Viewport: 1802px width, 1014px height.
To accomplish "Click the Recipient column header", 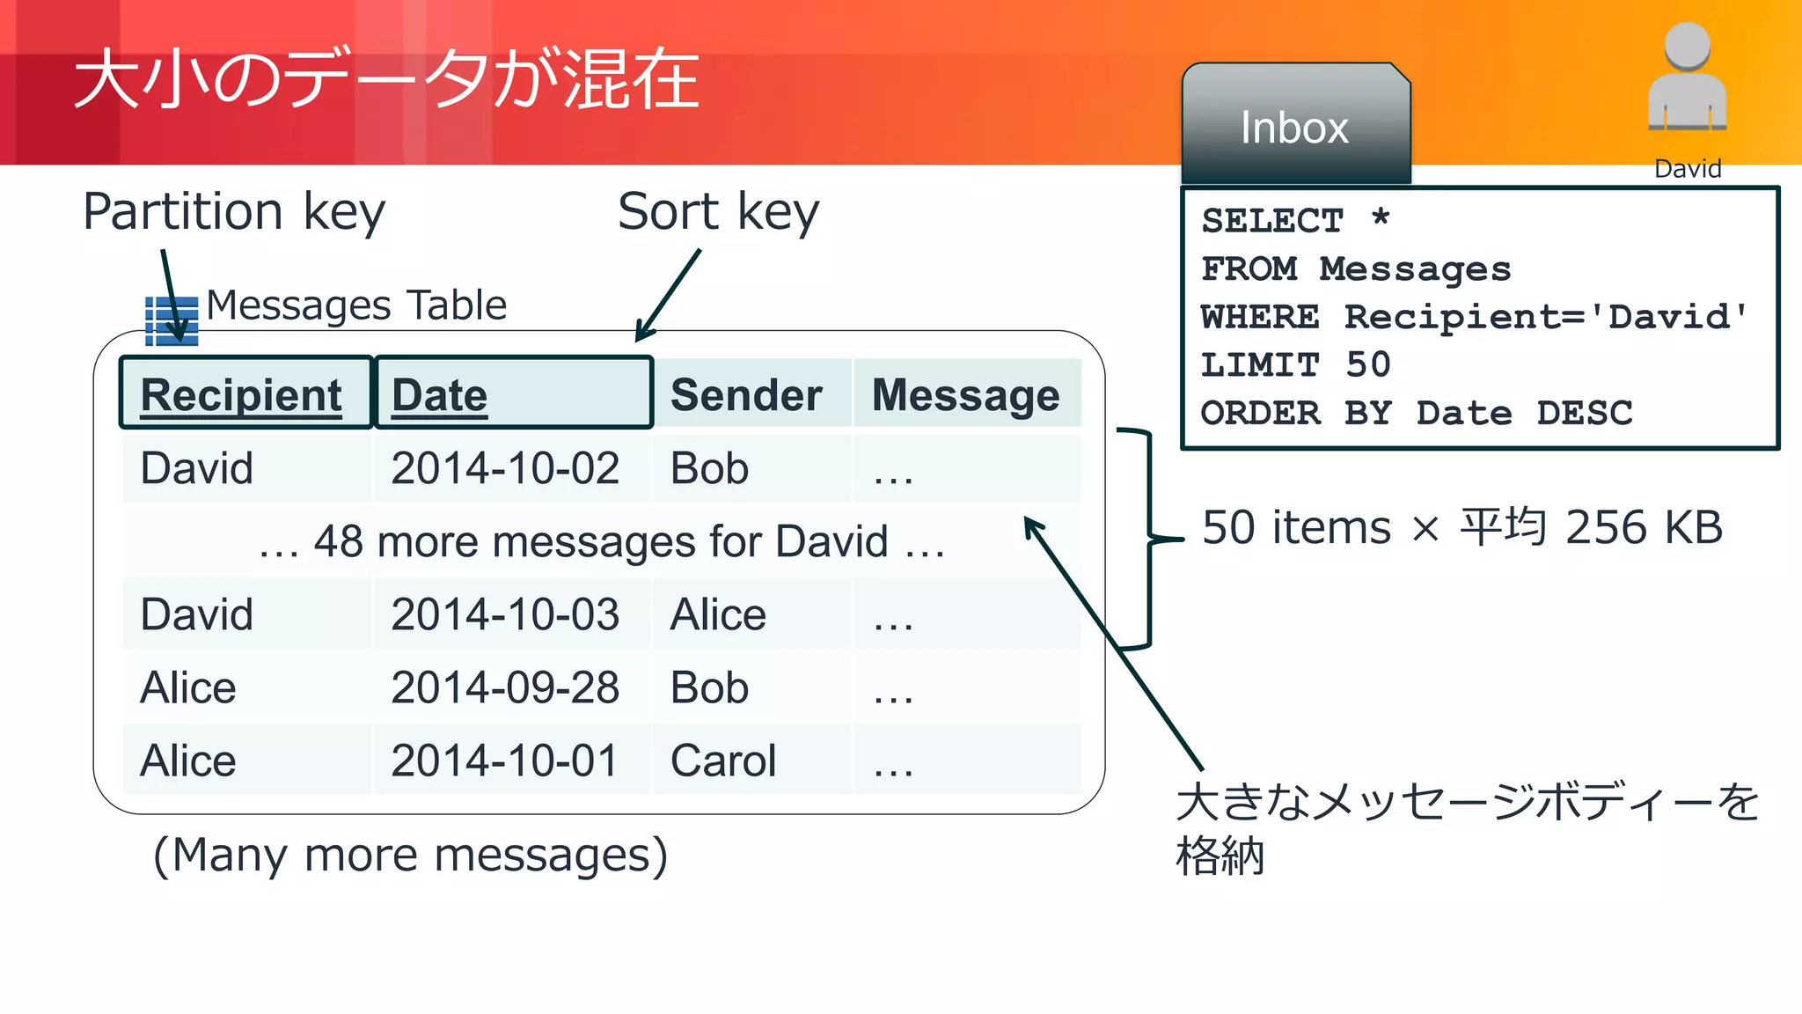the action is coord(241,394).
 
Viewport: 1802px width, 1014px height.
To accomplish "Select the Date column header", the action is coord(439,394).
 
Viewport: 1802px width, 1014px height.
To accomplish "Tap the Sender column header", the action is coord(746,394).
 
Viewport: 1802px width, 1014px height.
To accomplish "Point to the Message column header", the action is coord(965,394).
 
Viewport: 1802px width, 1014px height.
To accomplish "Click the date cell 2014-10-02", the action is coord(505,468).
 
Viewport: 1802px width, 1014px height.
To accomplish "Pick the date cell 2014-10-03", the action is coord(505,614).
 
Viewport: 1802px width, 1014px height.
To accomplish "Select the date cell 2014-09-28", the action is coord(505,687).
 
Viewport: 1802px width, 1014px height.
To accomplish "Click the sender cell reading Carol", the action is coord(723,760).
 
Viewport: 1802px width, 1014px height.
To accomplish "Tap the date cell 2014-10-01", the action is coord(505,760).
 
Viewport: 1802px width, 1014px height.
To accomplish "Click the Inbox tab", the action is coord(1294,128).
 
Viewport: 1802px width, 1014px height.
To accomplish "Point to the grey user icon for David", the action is coord(1687,79).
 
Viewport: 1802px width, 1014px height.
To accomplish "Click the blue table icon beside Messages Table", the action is coord(171,320).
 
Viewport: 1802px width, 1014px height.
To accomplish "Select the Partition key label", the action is coord(234,212).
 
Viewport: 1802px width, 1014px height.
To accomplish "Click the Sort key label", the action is coord(718,212).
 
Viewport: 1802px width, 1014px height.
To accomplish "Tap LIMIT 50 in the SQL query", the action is coord(1295,364).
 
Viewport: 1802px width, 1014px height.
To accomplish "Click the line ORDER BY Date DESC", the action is coord(1416,413).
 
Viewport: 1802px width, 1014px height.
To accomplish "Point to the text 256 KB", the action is coord(1644,528).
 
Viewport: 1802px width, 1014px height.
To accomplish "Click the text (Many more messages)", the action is coord(410,855).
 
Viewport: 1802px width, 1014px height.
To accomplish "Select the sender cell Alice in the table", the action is coord(718,614).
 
